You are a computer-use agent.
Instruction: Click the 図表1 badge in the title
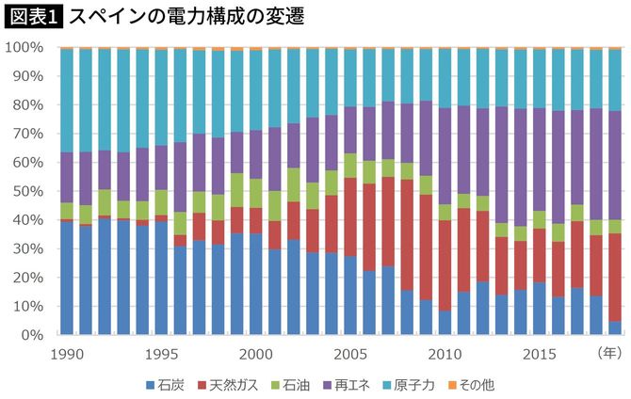coord(33,17)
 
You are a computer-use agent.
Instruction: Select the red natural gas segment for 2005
coord(350,216)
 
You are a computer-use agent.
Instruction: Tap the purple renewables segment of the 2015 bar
coord(539,160)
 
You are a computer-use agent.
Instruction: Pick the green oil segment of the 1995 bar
coord(161,202)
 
